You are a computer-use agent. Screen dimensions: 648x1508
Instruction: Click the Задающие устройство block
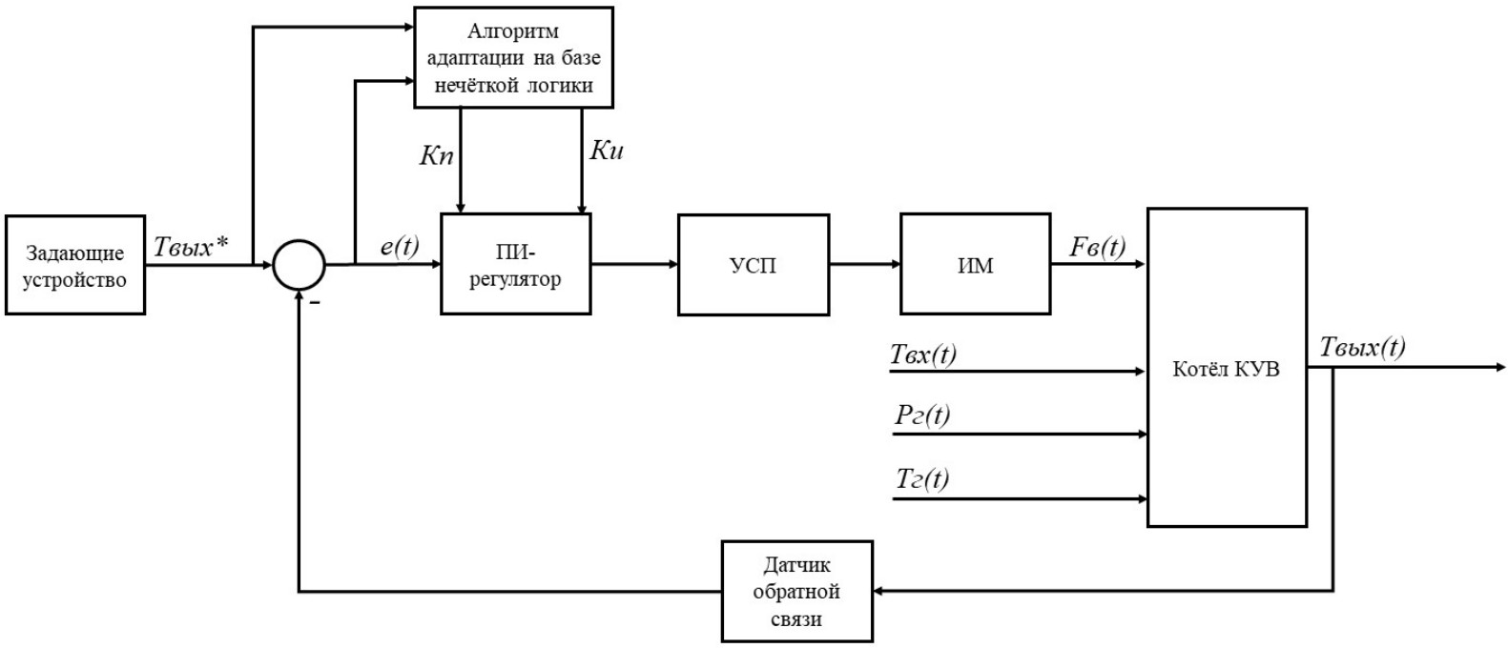pos(75,265)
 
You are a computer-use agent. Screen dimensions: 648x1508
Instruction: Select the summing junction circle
pos(299,264)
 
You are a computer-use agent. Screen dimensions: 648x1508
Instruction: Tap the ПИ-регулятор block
pos(515,264)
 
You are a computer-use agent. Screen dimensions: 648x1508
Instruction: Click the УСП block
pos(754,264)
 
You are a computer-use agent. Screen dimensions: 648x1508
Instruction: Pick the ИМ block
pos(975,264)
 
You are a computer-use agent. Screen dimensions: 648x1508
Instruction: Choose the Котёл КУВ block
pos(1226,368)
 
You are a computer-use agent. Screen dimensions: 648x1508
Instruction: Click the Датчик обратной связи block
pos(796,591)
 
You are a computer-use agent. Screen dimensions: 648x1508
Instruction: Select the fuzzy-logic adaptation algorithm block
pos(513,57)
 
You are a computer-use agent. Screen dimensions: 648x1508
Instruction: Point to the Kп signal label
pos(437,155)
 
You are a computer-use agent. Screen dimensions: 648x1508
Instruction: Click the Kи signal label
pos(607,150)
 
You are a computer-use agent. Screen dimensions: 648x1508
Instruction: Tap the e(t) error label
pos(400,246)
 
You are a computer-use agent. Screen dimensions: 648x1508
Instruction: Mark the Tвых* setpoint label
pos(191,247)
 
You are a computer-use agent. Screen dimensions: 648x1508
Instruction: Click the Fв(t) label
pos(1097,246)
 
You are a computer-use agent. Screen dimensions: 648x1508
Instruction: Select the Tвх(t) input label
pos(922,354)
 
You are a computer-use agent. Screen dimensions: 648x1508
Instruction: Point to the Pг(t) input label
pos(921,415)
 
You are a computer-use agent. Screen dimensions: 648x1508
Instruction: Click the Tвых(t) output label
pos(1362,347)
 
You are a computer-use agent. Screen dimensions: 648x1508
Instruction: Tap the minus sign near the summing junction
pos(314,302)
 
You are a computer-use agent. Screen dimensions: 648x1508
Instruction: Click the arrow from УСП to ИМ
pos(864,264)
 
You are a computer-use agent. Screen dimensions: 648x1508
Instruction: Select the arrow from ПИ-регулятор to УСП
pos(634,264)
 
